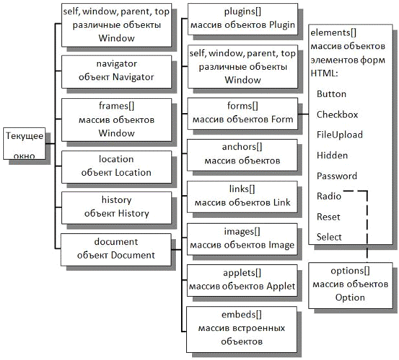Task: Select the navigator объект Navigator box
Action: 116,71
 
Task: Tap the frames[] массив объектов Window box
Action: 116,119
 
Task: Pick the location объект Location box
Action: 116,166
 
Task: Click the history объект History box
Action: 116,207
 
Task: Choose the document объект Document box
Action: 116,248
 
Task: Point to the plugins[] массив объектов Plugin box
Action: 243,19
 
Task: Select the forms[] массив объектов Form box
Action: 243,112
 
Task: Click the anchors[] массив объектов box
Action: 243,154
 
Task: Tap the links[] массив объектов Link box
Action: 243,196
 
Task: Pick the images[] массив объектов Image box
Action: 243,238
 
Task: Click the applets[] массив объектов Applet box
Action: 243,279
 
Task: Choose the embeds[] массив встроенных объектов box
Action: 243,328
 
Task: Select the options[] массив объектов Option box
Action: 350,284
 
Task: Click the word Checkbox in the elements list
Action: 337,114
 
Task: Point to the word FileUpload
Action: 340,135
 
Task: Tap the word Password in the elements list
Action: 336,176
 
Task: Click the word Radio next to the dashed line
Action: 329,196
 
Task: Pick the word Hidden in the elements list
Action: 332,155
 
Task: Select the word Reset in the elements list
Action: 329,217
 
